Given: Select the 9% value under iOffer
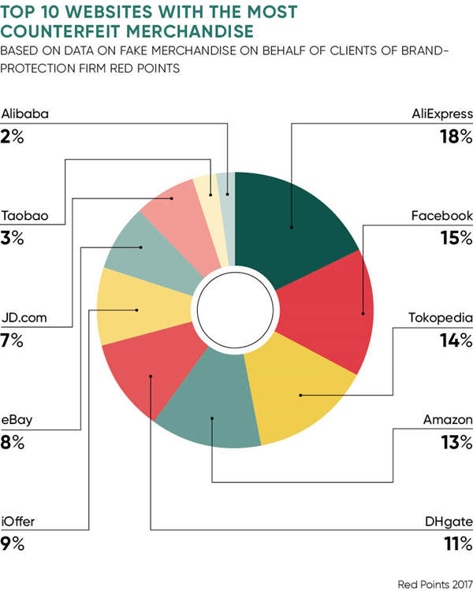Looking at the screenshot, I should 13,543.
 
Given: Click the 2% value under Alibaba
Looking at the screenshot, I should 13,136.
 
